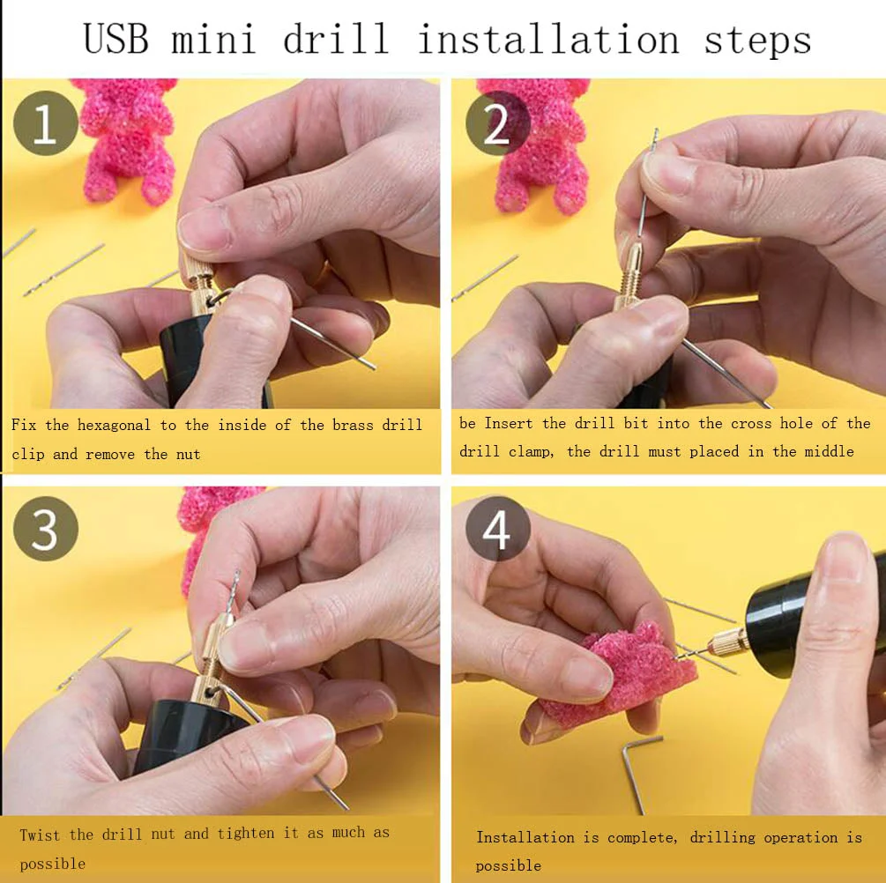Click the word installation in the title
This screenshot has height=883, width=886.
coord(547,40)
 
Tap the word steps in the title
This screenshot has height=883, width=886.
coord(756,40)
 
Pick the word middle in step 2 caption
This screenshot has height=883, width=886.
coord(828,452)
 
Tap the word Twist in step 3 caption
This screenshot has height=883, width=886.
coord(40,834)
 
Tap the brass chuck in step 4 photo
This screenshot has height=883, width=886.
coord(725,642)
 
